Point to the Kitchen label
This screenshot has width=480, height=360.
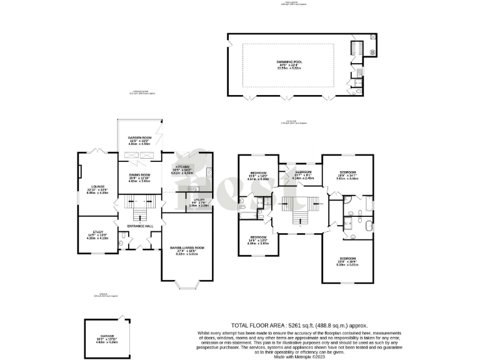182,166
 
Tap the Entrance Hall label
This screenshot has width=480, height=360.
140,226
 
